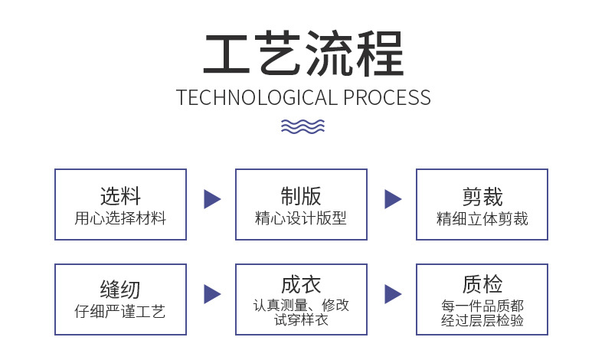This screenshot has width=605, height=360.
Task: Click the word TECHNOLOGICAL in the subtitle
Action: [256, 98]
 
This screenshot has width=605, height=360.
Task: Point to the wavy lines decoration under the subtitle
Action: [302, 126]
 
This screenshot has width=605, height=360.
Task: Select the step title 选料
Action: [120, 196]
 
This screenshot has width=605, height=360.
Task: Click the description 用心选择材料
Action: [120, 218]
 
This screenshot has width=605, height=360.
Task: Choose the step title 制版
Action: [301, 196]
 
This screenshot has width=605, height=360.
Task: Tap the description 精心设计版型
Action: [301, 218]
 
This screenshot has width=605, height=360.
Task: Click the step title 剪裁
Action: [482, 197]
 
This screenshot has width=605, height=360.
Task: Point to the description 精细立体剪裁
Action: [482, 218]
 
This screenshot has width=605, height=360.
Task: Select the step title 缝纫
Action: [120, 290]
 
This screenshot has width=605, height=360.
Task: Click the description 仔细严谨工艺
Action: [120, 312]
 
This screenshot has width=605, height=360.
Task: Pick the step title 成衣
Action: [301, 284]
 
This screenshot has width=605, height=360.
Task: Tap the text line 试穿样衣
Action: [301, 319]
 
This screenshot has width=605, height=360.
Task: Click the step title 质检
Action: [482, 284]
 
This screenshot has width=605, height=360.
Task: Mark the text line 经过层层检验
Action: [482, 320]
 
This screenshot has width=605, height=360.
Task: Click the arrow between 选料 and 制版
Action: [211, 199]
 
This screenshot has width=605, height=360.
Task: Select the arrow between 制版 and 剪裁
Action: [392, 199]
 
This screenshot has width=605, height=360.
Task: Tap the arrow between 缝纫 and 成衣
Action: [211, 293]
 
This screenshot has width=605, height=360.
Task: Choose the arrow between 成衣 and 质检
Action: [392, 293]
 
